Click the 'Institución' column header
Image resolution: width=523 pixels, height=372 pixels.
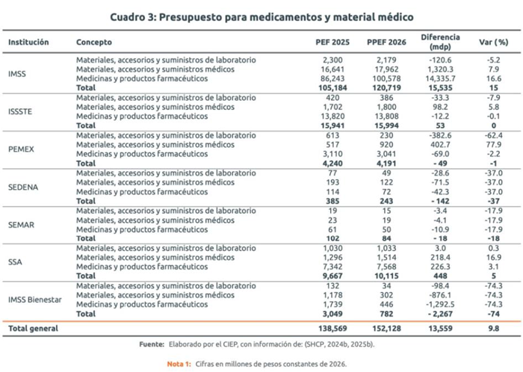29,42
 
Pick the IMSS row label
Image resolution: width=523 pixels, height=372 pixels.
18,73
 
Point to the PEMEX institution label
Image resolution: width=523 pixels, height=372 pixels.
22,149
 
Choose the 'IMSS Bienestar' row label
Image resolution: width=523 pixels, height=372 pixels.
35,300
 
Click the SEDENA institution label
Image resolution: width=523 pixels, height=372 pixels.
24,186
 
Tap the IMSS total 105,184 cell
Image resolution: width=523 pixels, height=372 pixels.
326,87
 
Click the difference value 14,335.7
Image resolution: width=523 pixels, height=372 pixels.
440,78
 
